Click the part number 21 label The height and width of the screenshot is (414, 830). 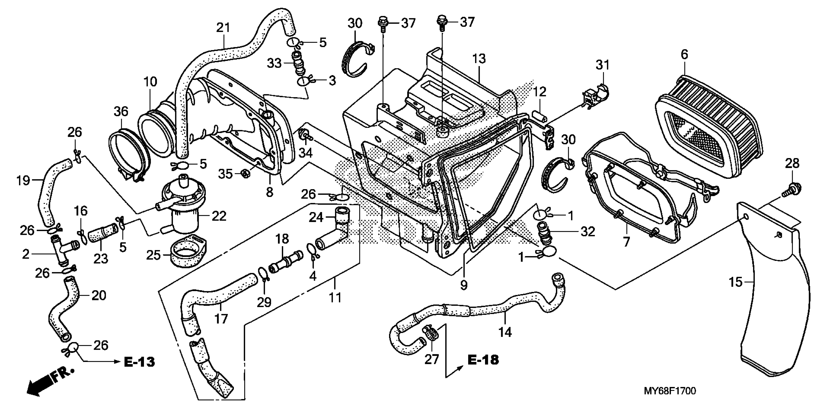(x=223, y=28)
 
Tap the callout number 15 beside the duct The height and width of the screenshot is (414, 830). (x=735, y=282)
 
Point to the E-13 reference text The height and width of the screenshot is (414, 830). (x=139, y=362)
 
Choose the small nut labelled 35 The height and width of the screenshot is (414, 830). (x=246, y=174)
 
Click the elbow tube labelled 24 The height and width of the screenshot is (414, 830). (x=335, y=232)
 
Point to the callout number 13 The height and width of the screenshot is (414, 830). (x=479, y=59)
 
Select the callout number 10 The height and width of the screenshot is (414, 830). (x=150, y=82)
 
